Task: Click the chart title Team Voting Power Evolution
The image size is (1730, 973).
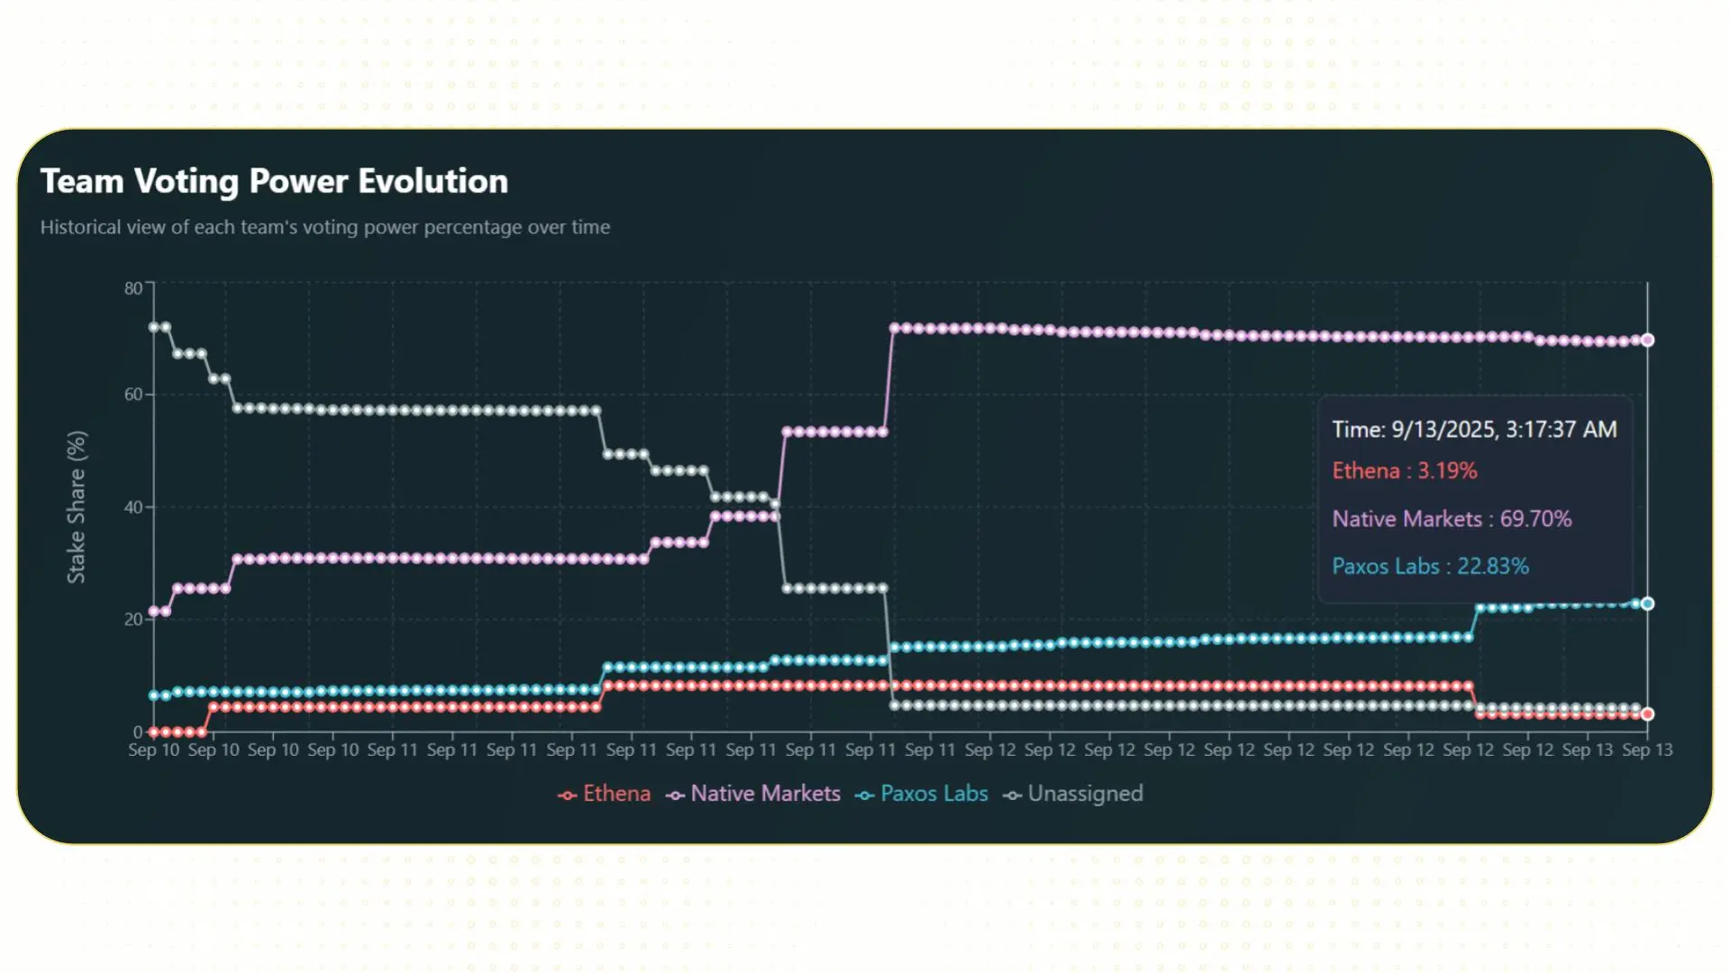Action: (x=274, y=181)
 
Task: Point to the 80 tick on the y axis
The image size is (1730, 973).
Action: (x=133, y=288)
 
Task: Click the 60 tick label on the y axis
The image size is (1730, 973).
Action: (x=133, y=395)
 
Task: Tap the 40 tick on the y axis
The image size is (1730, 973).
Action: (x=133, y=507)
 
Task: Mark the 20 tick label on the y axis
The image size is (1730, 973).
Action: (x=133, y=620)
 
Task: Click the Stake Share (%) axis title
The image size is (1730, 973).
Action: (x=77, y=506)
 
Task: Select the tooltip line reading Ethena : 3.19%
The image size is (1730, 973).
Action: (x=1404, y=471)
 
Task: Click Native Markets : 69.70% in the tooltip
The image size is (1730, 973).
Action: (x=1451, y=519)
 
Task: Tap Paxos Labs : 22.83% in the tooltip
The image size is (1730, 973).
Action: (x=1430, y=567)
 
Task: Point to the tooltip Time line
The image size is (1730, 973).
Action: (x=1474, y=430)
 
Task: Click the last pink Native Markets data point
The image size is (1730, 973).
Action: (x=1647, y=341)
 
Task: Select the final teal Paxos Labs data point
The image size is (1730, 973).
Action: (x=1647, y=604)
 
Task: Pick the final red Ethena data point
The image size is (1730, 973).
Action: (x=1647, y=714)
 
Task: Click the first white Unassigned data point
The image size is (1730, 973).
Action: (x=154, y=327)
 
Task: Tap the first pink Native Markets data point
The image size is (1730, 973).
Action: (x=154, y=612)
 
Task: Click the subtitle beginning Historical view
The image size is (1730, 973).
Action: (x=324, y=227)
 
